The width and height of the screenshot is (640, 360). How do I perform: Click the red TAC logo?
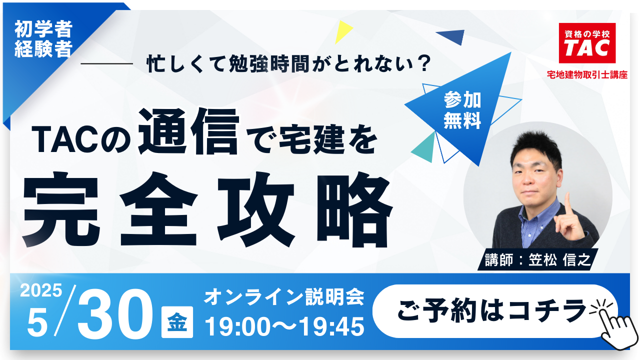[x=587, y=43]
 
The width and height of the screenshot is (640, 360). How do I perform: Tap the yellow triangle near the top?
[x=342, y=31]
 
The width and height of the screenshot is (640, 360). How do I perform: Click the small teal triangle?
[x=424, y=148]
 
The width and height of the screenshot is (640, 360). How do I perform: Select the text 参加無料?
[x=462, y=110]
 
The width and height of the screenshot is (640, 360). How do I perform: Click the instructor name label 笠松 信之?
[x=559, y=260]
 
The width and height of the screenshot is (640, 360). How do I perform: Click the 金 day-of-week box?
[x=177, y=322]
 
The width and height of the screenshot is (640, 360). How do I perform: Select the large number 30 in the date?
[x=115, y=313]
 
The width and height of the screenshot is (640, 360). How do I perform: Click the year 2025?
[x=41, y=290]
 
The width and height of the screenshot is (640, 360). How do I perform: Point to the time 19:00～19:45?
[x=284, y=326]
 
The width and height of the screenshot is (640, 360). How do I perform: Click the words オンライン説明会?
[x=284, y=296]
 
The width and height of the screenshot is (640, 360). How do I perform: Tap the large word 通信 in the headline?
[x=188, y=131]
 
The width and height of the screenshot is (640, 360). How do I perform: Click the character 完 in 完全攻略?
[x=61, y=210]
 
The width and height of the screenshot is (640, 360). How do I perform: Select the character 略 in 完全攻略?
[x=354, y=210]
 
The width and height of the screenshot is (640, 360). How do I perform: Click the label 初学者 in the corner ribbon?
[x=43, y=29]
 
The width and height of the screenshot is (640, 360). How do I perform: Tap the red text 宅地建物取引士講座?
[x=587, y=75]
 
